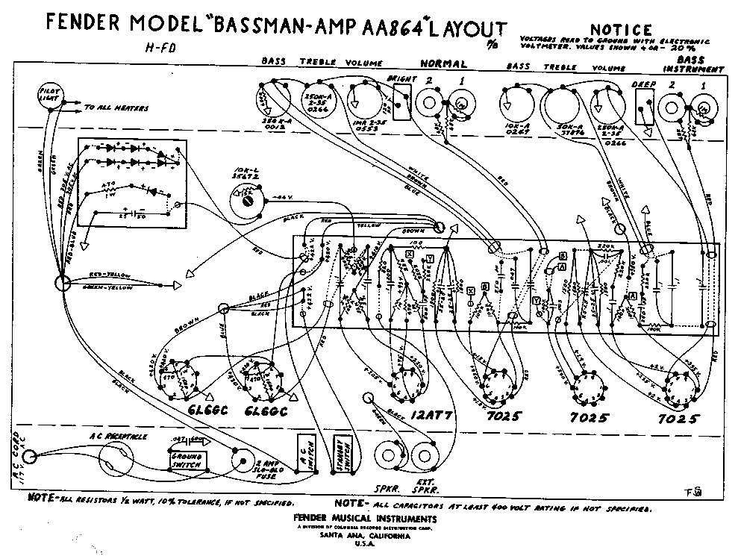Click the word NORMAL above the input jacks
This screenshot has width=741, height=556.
pos(443,64)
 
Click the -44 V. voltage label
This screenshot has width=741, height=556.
pos(277,196)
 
